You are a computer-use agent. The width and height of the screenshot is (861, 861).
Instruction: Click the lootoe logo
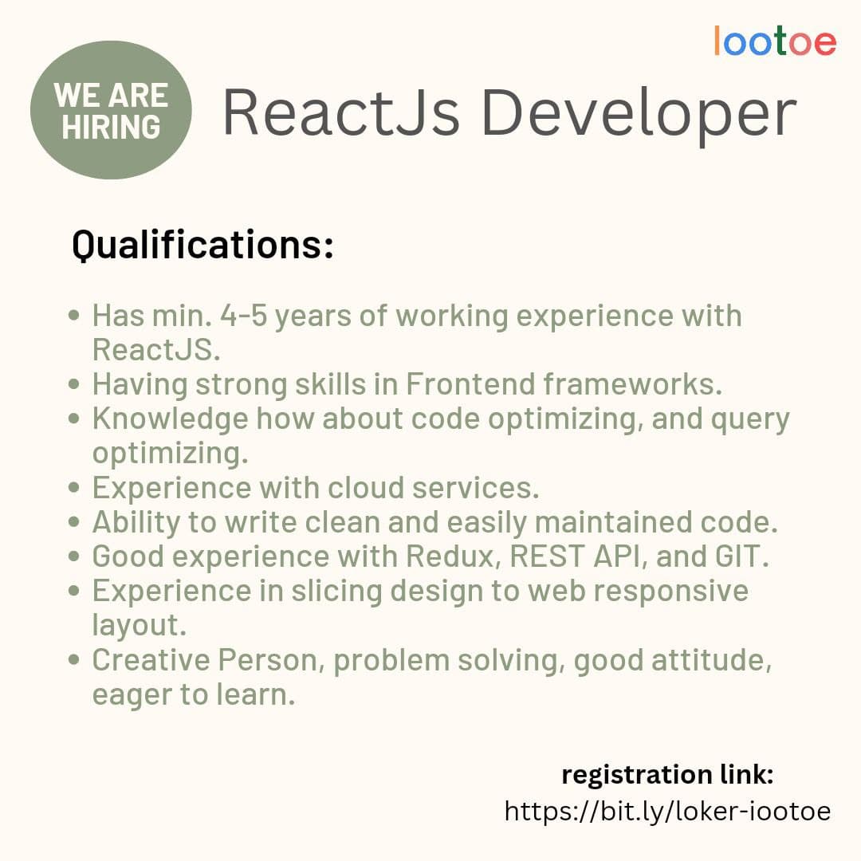pos(775,41)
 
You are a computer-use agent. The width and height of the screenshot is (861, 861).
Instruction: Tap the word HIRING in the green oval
pos(111,128)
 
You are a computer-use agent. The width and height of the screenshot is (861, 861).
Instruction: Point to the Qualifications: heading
pos(202,246)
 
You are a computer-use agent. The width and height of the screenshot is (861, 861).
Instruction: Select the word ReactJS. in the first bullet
pos(155,350)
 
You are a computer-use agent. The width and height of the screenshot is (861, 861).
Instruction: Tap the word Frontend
pos(470,384)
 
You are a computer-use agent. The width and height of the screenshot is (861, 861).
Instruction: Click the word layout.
pos(139,626)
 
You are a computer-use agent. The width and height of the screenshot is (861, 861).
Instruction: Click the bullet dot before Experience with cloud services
pos(75,487)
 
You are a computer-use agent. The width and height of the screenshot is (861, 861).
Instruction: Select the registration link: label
pos(667,774)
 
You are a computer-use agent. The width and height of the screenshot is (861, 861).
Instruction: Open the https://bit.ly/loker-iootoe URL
pos(667,812)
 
